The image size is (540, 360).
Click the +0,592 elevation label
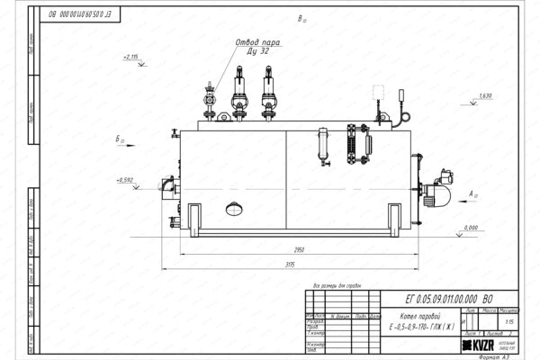pos(124,181)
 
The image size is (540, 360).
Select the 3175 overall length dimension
pos(285,266)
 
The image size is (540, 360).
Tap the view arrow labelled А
pos(474,193)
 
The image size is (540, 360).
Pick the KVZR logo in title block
pos(483,345)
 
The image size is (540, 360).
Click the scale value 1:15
pos(510,319)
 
